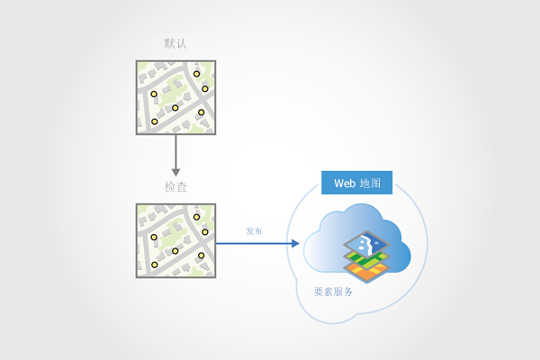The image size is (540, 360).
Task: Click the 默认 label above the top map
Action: [x=175, y=43]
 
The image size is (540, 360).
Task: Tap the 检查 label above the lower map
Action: [x=175, y=186]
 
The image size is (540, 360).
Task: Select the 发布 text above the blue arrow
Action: [x=254, y=231]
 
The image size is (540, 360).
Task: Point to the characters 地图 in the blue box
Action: [x=370, y=183]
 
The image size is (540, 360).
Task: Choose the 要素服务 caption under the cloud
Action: [x=333, y=292]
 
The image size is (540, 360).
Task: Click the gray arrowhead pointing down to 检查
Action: [x=175, y=170]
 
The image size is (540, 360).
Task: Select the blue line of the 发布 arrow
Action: [x=252, y=243]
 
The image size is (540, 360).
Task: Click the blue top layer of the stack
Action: [x=368, y=244]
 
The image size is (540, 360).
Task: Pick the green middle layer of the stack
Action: [x=368, y=260]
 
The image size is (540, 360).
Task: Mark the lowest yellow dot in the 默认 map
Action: [x=155, y=121]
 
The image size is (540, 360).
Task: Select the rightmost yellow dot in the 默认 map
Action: [x=206, y=88]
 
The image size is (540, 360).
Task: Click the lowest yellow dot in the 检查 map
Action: [x=155, y=265]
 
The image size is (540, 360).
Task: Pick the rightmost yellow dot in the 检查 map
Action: [x=206, y=231]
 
